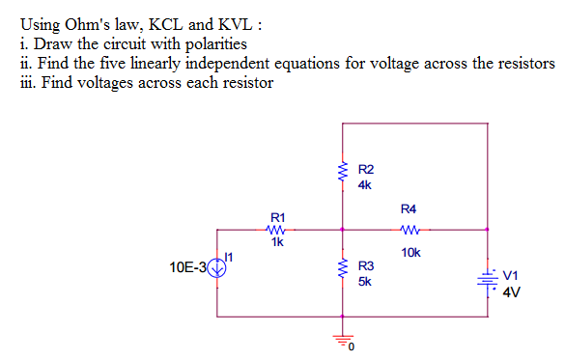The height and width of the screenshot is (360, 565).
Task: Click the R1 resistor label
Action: (278, 217)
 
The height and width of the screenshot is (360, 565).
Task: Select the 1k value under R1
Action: (278, 242)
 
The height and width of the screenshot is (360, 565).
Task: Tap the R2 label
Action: (365, 168)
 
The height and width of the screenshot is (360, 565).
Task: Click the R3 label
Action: (366, 265)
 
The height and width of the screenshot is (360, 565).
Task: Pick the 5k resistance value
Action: (365, 282)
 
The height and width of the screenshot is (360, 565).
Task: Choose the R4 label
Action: (409, 208)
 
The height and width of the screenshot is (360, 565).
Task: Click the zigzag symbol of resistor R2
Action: (341, 174)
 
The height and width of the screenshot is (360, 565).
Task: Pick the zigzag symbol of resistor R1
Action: (277, 230)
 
